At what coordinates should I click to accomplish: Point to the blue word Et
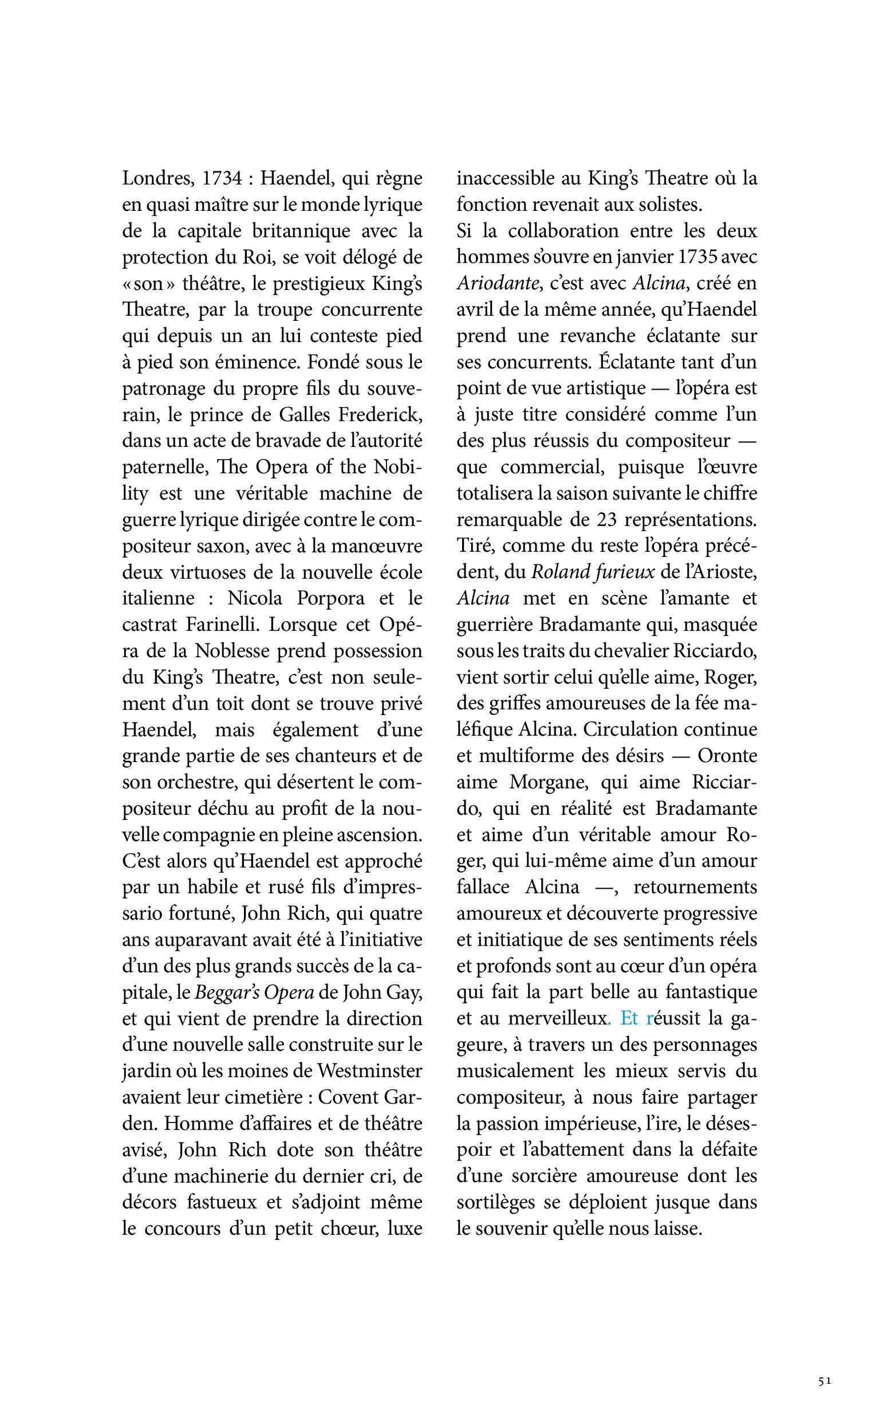click(x=629, y=1018)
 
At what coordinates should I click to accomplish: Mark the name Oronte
click(x=727, y=756)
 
